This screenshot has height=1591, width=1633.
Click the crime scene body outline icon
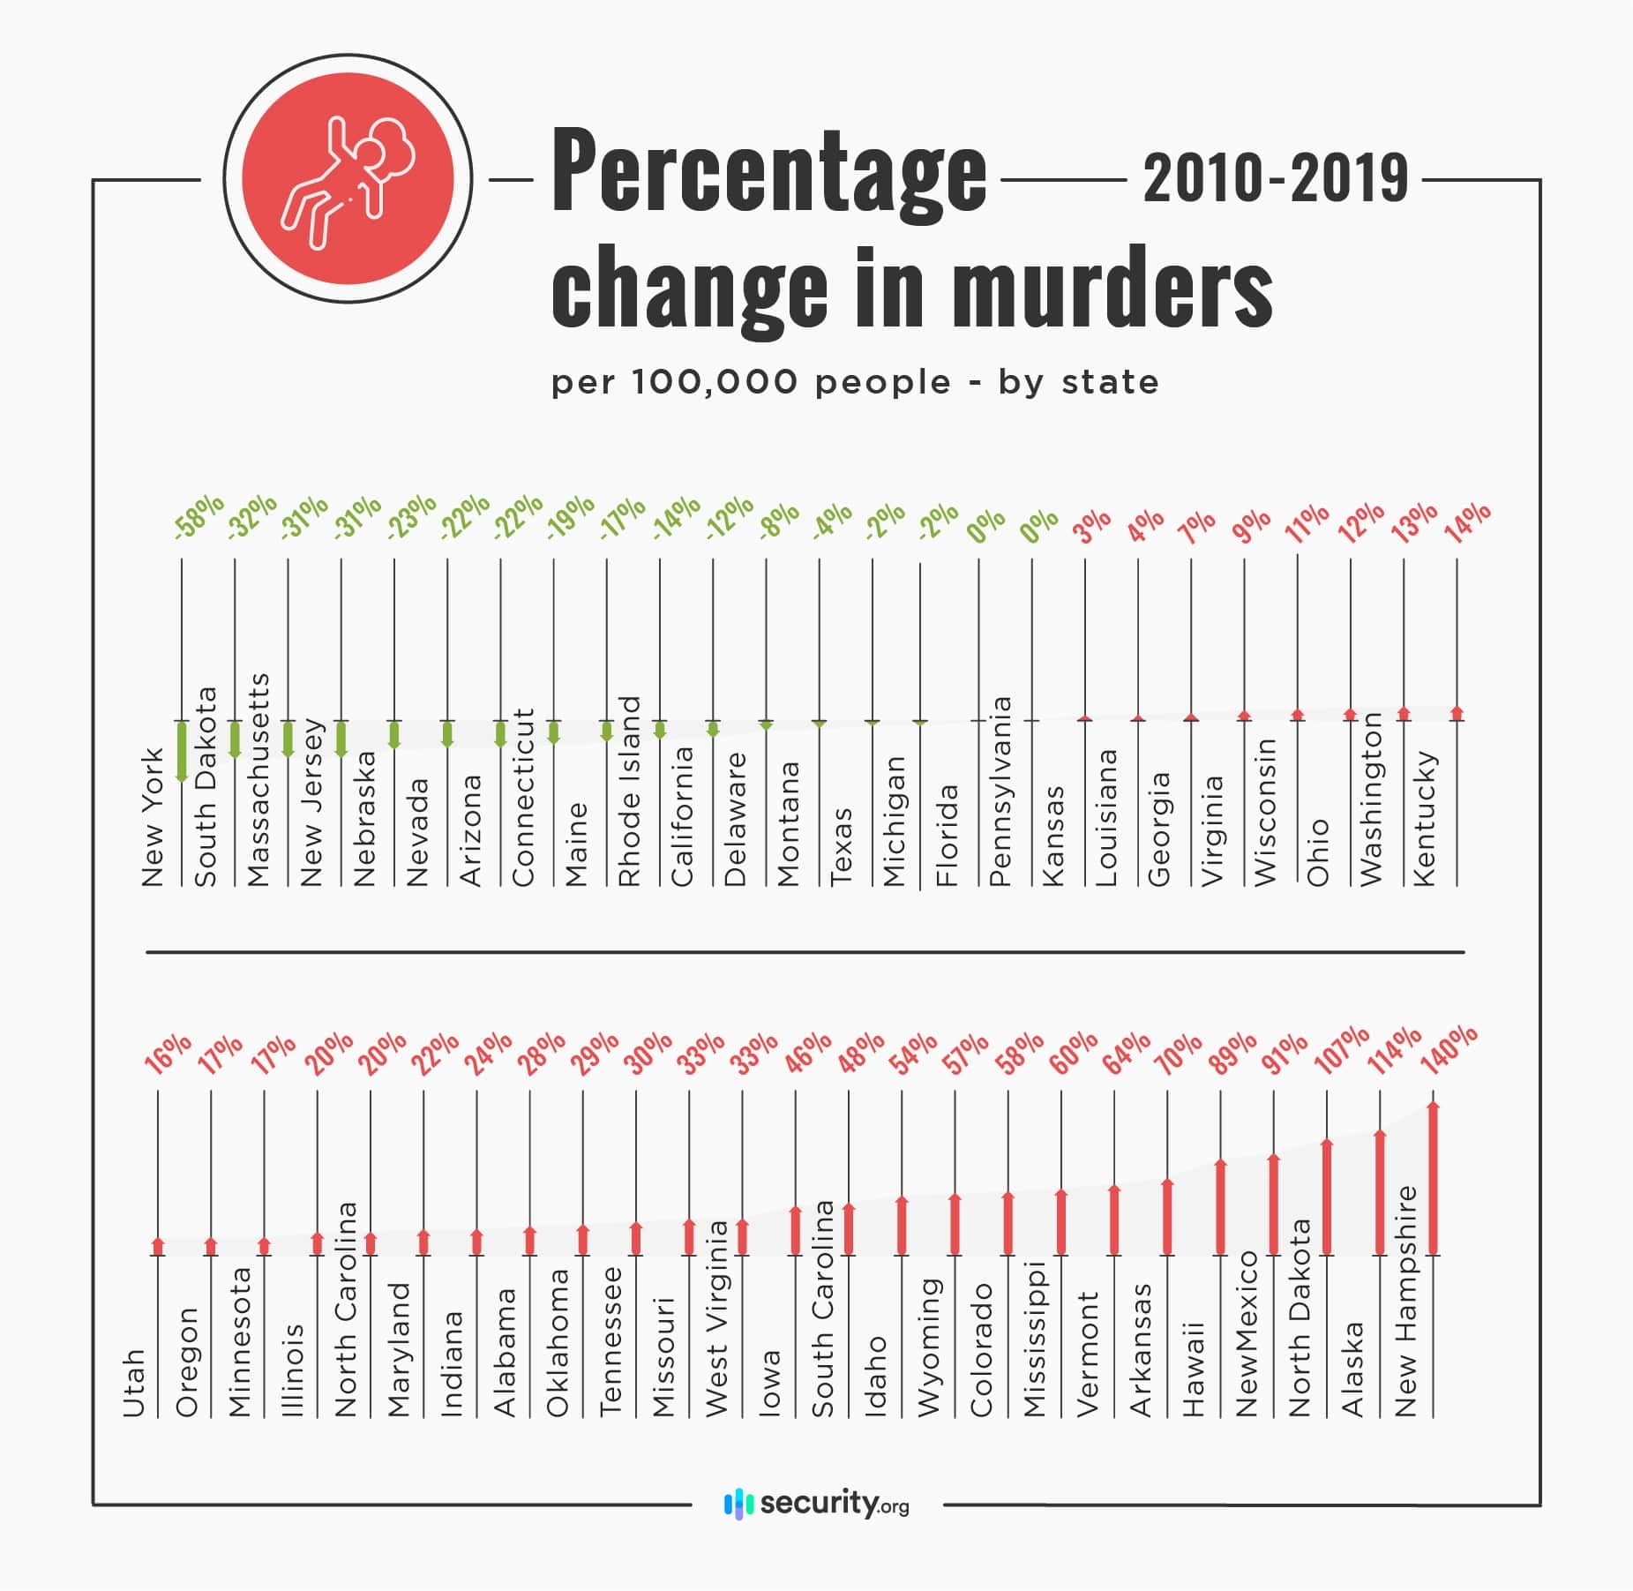click(x=347, y=179)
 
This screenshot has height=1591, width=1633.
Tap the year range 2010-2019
click(x=1275, y=179)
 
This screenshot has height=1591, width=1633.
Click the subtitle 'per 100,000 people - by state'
click(x=855, y=383)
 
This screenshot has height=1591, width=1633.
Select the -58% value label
click(x=199, y=516)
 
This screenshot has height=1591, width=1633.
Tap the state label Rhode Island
click(x=628, y=791)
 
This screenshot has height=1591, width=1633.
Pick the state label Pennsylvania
click(x=1000, y=791)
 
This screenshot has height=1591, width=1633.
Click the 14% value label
click(x=1467, y=522)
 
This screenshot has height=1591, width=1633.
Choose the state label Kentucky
click(x=1424, y=818)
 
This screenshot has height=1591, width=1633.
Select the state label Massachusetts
click(x=257, y=779)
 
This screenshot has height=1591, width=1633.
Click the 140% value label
click(x=1449, y=1048)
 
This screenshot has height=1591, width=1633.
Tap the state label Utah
click(x=133, y=1383)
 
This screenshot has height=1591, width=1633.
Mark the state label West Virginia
click(x=715, y=1318)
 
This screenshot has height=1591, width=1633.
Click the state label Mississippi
click(x=1034, y=1340)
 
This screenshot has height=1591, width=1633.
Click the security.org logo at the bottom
click(x=816, y=1503)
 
